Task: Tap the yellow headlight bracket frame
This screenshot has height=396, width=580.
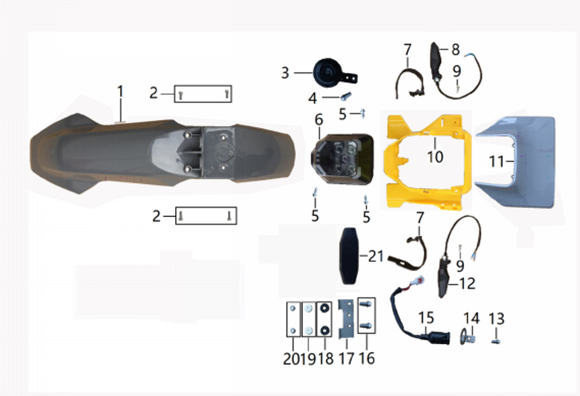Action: point(392,163)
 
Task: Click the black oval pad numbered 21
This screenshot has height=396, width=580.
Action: point(349,256)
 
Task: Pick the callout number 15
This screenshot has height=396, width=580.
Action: point(426,318)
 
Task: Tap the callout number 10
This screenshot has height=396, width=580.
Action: point(435,157)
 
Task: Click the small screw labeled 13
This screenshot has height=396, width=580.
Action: point(496,341)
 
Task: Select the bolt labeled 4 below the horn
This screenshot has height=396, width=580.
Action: point(345,97)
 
